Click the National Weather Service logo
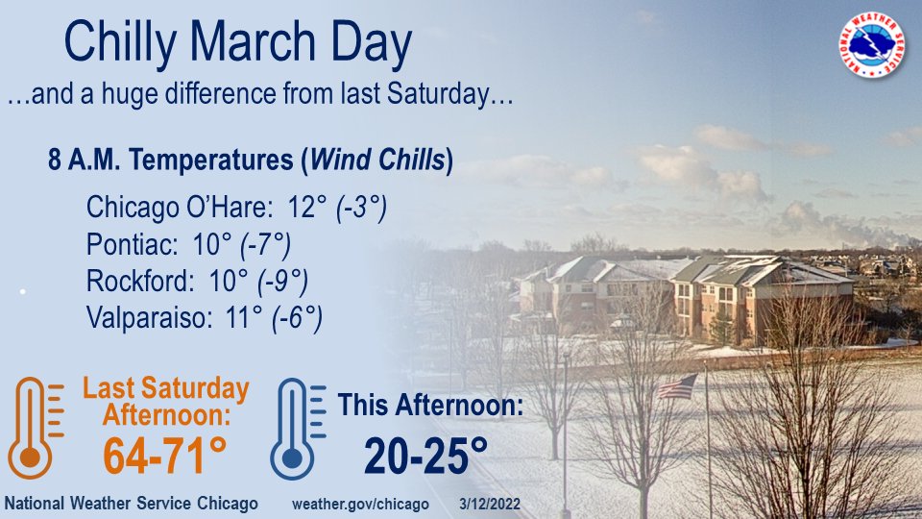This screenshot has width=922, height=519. pyautogui.click(x=872, y=45)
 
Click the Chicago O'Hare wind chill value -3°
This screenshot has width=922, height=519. pyautogui.click(x=361, y=208)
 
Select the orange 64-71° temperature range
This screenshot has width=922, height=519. pyautogui.click(x=165, y=456)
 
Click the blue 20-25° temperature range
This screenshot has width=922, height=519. pyautogui.click(x=425, y=455)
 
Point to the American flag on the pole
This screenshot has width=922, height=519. pyautogui.click(x=678, y=386)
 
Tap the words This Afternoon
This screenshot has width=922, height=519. pyautogui.click(x=431, y=406)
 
